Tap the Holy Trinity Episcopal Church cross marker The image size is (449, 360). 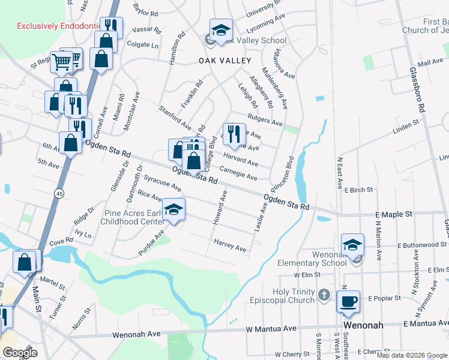tap(324, 295)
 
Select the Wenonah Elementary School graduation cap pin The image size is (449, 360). tap(352, 244)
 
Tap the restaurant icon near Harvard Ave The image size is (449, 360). tap(234, 133)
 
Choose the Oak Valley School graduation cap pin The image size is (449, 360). tap(220, 30)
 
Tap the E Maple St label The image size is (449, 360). tap(394, 214)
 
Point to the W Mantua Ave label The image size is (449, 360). tap(271, 329)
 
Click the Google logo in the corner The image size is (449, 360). tap(20, 353)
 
